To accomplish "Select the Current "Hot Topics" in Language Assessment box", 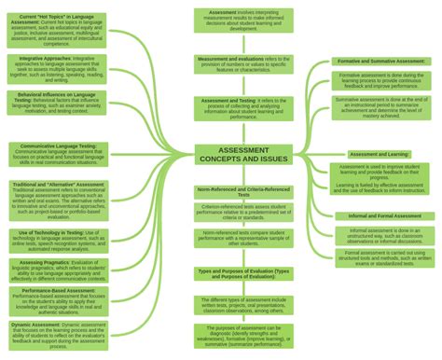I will (x=56, y=30).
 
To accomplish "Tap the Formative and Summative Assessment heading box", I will (x=380, y=62).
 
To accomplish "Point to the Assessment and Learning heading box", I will (x=380, y=154).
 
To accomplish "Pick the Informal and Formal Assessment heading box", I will (x=380, y=215).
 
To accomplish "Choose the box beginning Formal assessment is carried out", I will (x=380, y=257).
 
